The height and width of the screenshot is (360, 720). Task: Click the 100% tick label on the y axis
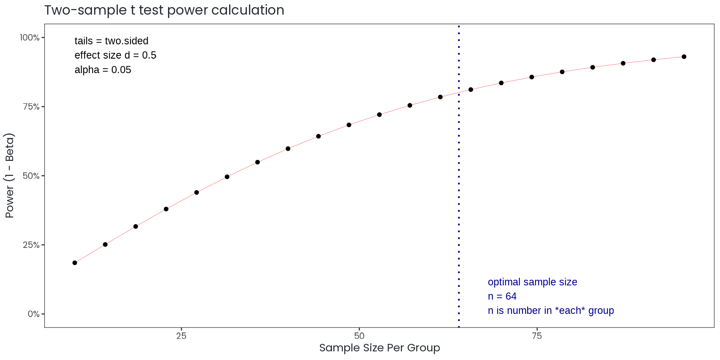[x=30, y=37]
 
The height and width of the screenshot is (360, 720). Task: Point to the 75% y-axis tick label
[x=31, y=107]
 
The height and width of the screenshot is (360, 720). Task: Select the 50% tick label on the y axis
[x=31, y=176]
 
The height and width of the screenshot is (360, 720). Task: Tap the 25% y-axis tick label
[x=31, y=245]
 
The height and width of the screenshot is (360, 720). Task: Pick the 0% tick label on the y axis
[x=33, y=314]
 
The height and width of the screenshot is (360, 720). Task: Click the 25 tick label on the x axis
[x=181, y=336]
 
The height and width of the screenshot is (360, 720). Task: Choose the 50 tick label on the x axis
[x=359, y=336]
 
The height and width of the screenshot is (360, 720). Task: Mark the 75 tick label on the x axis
[x=537, y=336]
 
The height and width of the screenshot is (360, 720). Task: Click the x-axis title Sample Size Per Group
[x=379, y=348]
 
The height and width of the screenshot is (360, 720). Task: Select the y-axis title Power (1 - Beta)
[x=10, y=175]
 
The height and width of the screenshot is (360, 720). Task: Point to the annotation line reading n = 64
[x=502, y=296]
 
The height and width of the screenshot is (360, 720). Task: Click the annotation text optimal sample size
[x=532, y=282]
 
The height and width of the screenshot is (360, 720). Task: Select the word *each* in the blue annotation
[x=570, y=310]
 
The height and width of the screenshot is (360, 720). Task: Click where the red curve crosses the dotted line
[x=459, y=92]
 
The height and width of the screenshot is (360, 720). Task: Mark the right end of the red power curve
[x=681, y=57]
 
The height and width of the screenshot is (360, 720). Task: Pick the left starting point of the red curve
[x=77, y=261]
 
